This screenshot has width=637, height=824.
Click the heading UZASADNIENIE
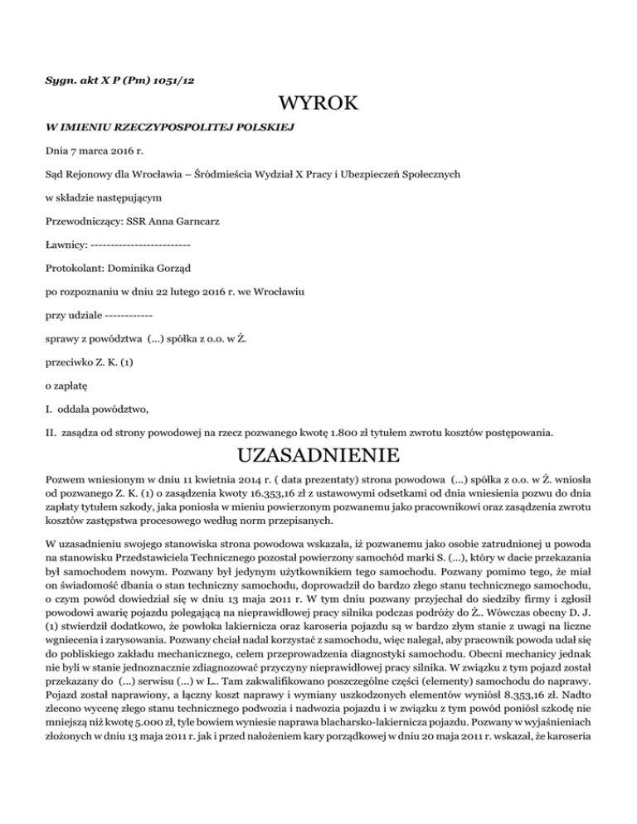coord(318,456)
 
